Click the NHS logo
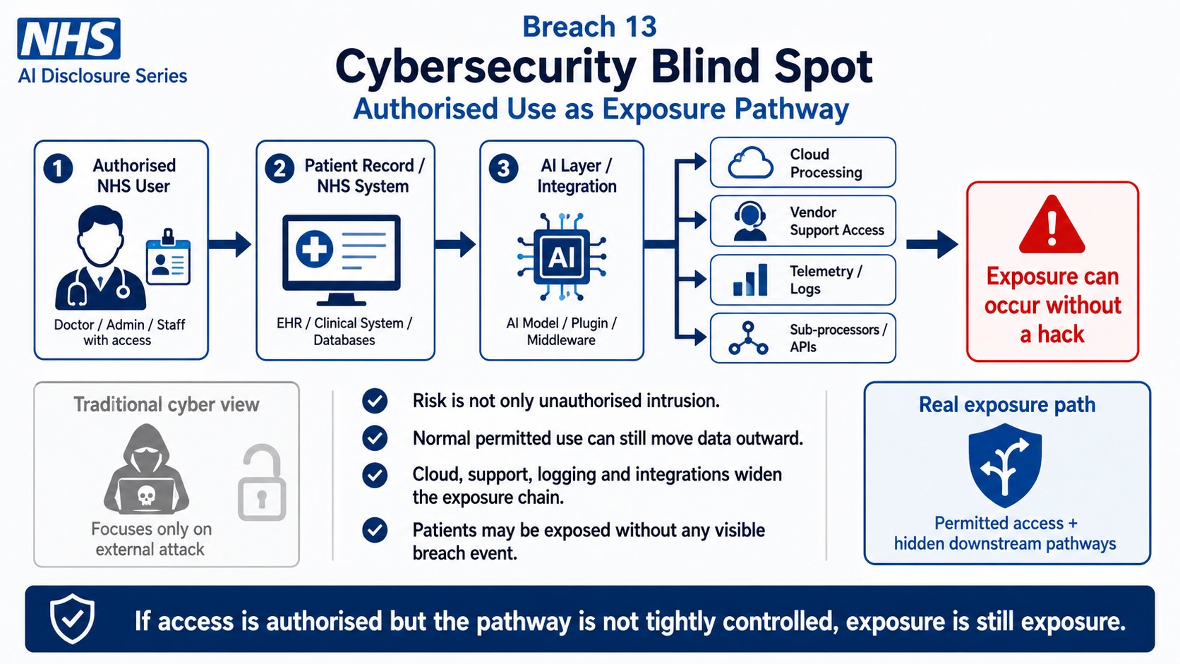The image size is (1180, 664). [x=69, y=38]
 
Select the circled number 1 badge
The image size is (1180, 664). [x=58, y=169]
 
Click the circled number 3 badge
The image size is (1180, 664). [x=503, y=169]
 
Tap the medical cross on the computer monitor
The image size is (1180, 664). [x=314, y=248]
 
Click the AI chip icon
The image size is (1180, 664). [x=562, y=256]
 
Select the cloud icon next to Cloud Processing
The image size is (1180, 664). [x=751, y=163]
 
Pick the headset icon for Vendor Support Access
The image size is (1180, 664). [x=749, y=221]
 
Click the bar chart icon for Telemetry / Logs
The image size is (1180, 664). [x=750, y=279]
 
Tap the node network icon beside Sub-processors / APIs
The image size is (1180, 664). [x=748, y=337]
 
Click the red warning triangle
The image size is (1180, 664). [x=1052, y=224]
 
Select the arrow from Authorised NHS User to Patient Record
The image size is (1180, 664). [x=229, y=244]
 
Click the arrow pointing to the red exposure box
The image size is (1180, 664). [x=932, y=244]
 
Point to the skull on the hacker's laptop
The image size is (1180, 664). [x=146, y=495]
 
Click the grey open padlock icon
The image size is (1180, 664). [x=262, y=483]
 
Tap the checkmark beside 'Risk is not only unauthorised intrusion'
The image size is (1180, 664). [x=375, y=402]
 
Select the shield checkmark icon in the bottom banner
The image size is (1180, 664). [x=72, y=619]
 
